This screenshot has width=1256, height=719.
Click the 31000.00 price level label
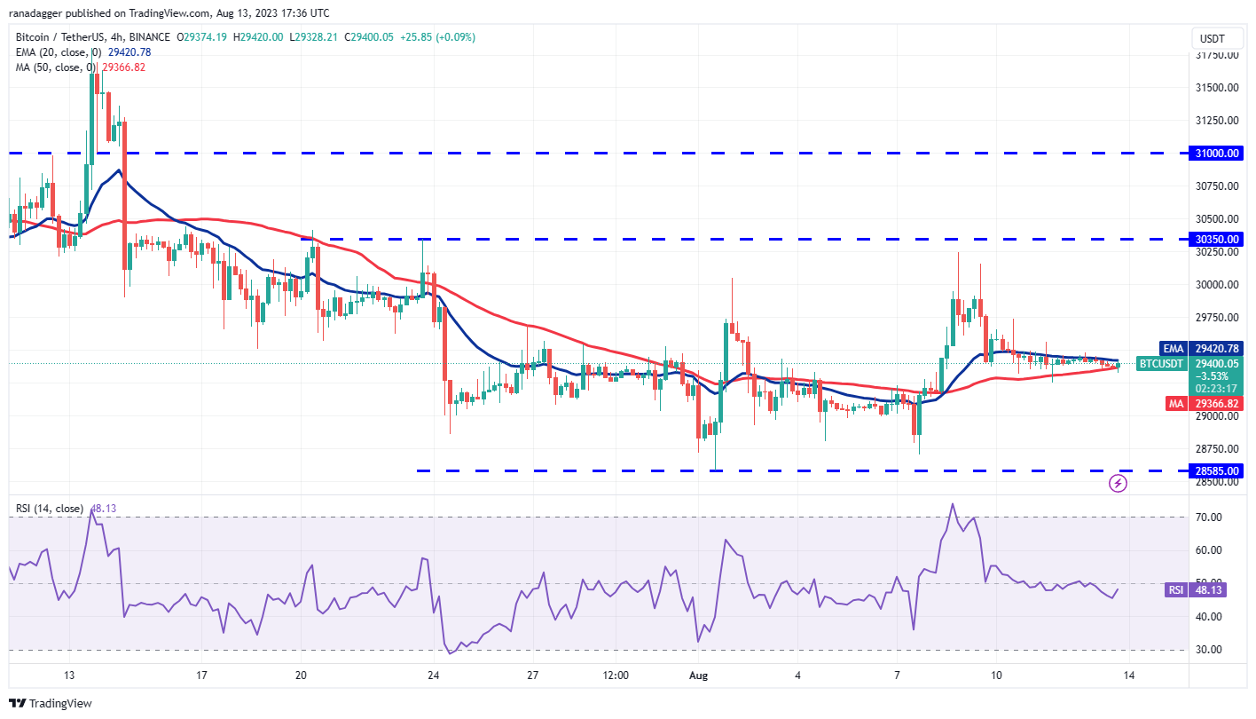(x=1217, y=154)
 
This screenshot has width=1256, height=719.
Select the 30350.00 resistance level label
(x=1217, y=239)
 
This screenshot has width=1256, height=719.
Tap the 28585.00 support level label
(x=1217, y=471)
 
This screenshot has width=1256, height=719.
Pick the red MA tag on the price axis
(x=1174, y=403)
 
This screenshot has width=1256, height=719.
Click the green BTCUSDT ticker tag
(x=1161, y=364)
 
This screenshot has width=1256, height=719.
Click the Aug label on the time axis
(x=698, y=676)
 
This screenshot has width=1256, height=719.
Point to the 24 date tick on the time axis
(x=434, y=676)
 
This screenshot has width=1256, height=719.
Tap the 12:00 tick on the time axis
(x=615, y=676)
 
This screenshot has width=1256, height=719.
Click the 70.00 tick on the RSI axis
(x=1210, y=517)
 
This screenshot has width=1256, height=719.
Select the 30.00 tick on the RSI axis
(x=1210, y=650)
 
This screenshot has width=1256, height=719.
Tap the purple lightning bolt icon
(x=1119, y=484)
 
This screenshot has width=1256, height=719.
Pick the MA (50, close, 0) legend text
(x=53, y=67)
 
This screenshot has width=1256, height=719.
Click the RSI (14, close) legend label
(x=50, y=509)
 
